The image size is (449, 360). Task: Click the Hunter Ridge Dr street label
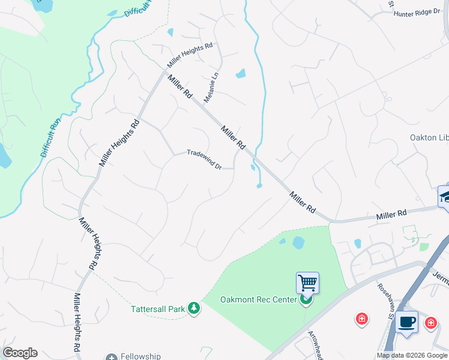point(417,12)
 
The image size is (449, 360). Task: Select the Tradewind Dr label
point(204,159)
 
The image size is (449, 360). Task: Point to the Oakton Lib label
point(429,137)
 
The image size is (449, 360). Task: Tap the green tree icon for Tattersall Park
point(193,308)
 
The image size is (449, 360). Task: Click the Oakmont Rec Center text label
point(259,299)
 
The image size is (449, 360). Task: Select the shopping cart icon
point(307,281)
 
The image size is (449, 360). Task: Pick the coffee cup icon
point(406,321)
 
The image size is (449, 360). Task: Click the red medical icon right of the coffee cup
point(430,323)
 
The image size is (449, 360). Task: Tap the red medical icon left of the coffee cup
point(362,319)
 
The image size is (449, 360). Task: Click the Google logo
point(20,353)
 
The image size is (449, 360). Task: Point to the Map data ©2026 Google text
point(412,355)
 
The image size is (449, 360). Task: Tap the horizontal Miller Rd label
point(391,214)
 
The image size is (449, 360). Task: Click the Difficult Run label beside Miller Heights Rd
point(52,137)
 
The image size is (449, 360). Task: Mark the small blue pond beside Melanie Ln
point(241,74)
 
